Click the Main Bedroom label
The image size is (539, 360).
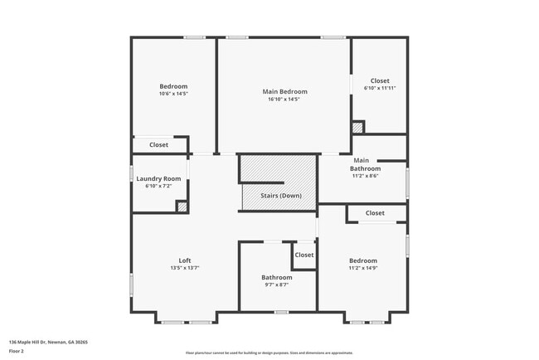tap(284, 91)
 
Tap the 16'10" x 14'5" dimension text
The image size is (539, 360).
tap(284, 100)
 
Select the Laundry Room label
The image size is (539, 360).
tap(158, 178)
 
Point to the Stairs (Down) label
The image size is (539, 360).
tap(280, 196)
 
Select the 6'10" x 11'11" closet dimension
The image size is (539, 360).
tap(380, 89)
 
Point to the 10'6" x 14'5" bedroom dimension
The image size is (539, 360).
tap(173, 94)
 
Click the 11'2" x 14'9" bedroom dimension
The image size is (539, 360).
tap(363, 268)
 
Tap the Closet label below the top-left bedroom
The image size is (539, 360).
tap(158, 145)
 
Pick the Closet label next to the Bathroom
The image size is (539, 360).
tap(304, 255)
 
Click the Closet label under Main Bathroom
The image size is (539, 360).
tap(375, 213)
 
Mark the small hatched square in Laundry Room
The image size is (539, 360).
tap(182, 207)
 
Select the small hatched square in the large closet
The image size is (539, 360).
tap(357, 128)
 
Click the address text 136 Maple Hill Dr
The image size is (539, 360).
tap(48, 342)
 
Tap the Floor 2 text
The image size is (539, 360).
tap(16, 351)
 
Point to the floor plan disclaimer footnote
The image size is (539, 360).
tap(269, 352)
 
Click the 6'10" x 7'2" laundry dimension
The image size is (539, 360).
tap(158, 186)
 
